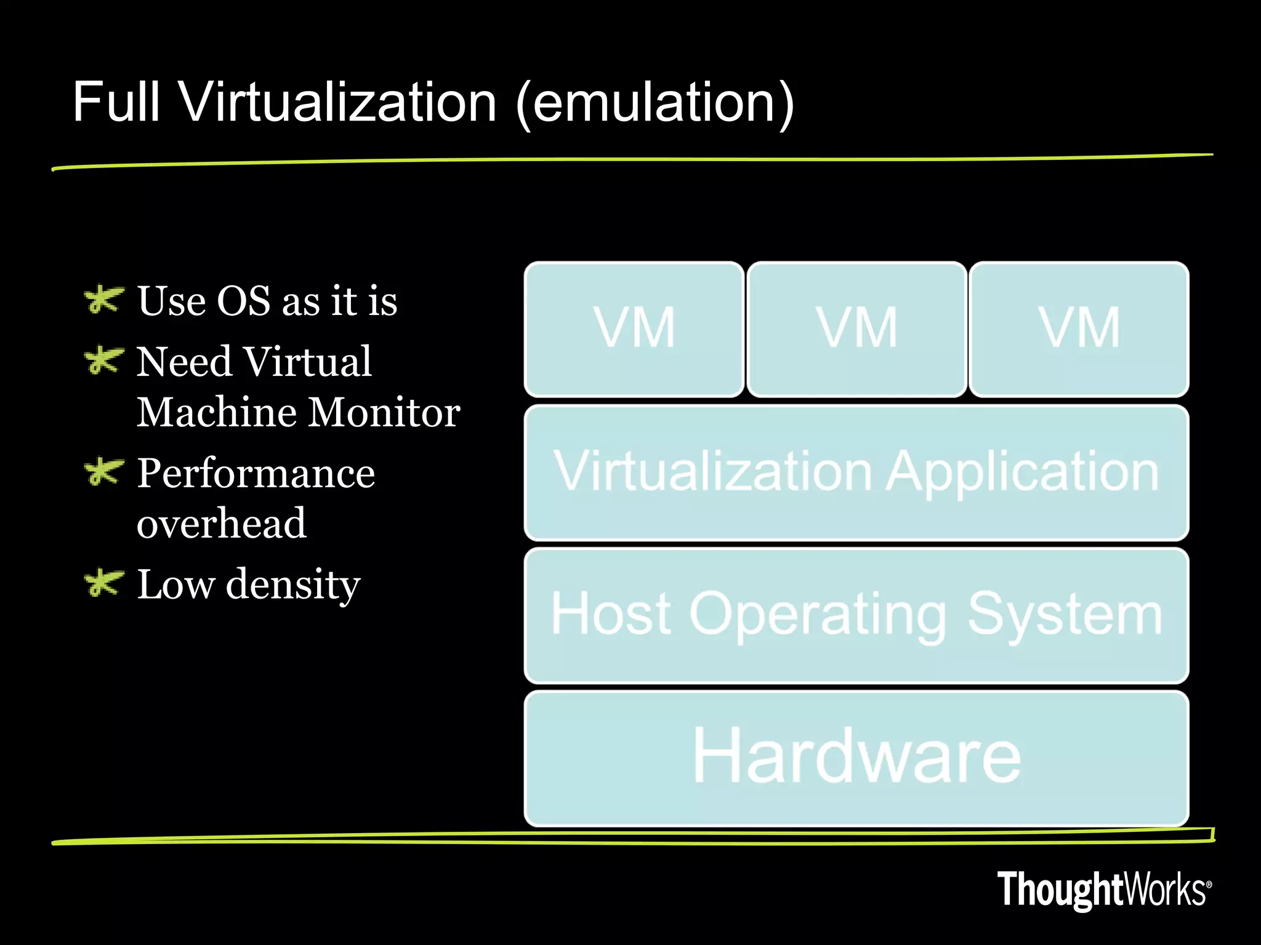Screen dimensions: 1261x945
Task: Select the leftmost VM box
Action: tap(634, 329)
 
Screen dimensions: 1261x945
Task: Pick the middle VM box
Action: tap(856, 329)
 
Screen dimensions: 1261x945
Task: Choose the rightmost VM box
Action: tap(1079, 329)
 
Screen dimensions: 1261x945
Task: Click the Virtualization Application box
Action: tap(856, 472)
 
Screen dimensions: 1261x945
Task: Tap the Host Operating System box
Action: tap(856, 615)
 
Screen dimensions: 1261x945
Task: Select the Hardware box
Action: tap(856, 758)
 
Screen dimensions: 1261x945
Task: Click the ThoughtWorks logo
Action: tap(1104, 890)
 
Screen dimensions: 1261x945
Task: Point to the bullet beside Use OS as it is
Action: tap(103, 300)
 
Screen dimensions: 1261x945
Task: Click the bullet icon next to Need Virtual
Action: tap(103, 361)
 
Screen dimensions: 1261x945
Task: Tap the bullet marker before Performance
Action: tap(103, 472)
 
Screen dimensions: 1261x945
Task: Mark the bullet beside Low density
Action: tap(103, 583)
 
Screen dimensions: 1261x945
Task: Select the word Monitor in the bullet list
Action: tap(384, 412)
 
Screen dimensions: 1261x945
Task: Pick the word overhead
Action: tap(222, 524)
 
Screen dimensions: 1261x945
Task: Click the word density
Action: tap(293, 584)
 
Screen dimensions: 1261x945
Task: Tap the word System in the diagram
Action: tap(1065, 615)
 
